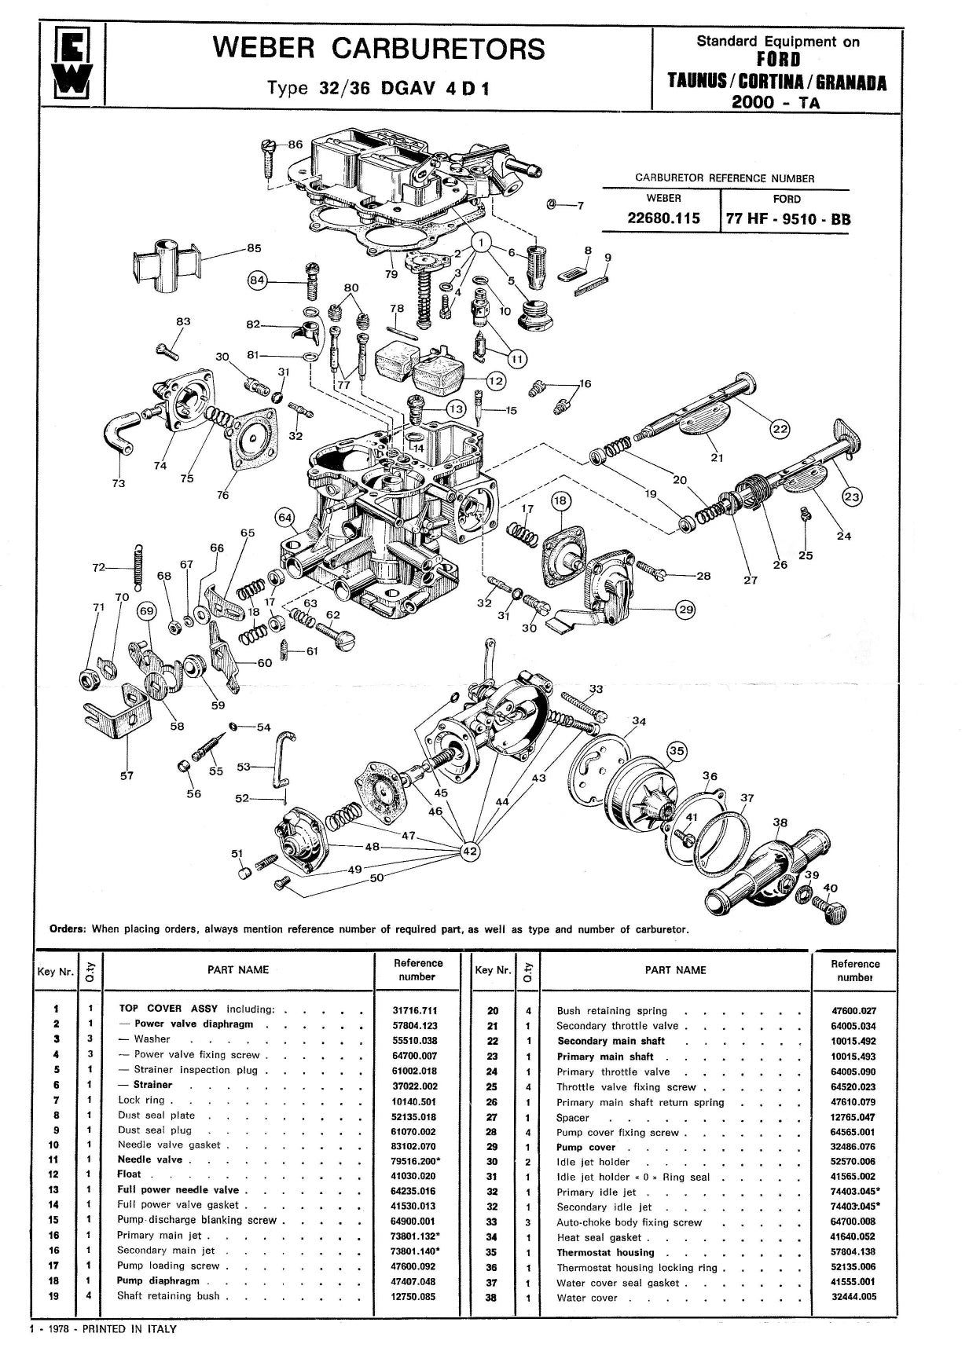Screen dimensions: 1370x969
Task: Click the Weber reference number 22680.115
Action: [663, 218]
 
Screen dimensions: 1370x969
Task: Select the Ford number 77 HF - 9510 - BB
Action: [787, 219]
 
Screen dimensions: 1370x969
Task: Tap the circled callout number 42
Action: [470, 851]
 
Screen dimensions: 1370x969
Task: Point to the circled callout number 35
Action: [677, 751]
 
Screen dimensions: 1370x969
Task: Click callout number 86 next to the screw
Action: [295, 145]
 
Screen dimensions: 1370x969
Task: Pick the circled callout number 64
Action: [284, 518]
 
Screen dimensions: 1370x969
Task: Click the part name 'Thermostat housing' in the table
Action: [605, 1253]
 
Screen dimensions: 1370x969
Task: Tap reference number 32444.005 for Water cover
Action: [853, 1297]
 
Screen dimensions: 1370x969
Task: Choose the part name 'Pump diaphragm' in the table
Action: [158, 1280]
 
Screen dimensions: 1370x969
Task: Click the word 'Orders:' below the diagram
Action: [68, 929]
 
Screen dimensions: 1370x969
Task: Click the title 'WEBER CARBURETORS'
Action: [379, 49]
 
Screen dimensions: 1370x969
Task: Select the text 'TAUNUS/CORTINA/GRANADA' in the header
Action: [776, 83]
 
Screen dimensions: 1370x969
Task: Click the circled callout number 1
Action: [482, 243]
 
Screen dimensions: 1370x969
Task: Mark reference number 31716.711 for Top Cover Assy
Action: [413, 1009]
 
